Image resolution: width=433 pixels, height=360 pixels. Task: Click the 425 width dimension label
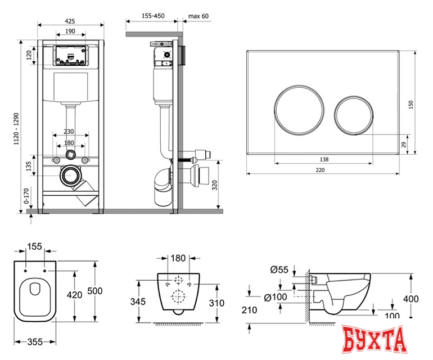[x=70, y=21]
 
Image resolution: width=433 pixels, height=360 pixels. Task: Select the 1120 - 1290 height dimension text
[x=16, y=128]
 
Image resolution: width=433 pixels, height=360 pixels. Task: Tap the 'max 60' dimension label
[x=199, y=16]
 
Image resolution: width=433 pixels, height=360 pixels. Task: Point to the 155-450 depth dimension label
[x=153, y=16]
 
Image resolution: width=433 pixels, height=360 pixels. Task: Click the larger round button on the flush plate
[x=299, y=110]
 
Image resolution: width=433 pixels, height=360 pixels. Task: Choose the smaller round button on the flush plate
[x=354, y=115]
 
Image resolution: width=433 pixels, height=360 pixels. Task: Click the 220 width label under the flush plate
[x=320, y=170]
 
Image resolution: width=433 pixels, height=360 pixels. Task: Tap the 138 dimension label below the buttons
[x=324, y=159]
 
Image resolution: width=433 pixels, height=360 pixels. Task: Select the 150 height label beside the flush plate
[x=411, y=105]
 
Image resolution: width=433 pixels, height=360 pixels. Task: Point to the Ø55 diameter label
[x=279, y=269]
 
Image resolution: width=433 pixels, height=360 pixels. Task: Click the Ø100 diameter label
[x=276, y=297]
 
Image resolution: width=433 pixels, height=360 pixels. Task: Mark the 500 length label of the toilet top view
[x=94, y=291]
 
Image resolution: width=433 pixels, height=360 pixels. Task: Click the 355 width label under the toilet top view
[x=35, y=342]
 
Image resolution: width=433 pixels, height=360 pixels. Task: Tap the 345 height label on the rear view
[x=138, y=301]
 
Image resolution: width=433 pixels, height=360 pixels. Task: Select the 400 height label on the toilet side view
[x=411, y=299]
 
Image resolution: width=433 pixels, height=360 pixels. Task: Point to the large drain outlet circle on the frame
[x=70, y=175]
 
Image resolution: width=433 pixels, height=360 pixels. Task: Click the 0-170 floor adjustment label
[x=26, y=196]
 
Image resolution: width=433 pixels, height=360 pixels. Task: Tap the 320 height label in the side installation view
[x=215, y=184]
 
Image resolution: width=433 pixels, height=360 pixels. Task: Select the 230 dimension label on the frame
[x=69, y=132]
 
